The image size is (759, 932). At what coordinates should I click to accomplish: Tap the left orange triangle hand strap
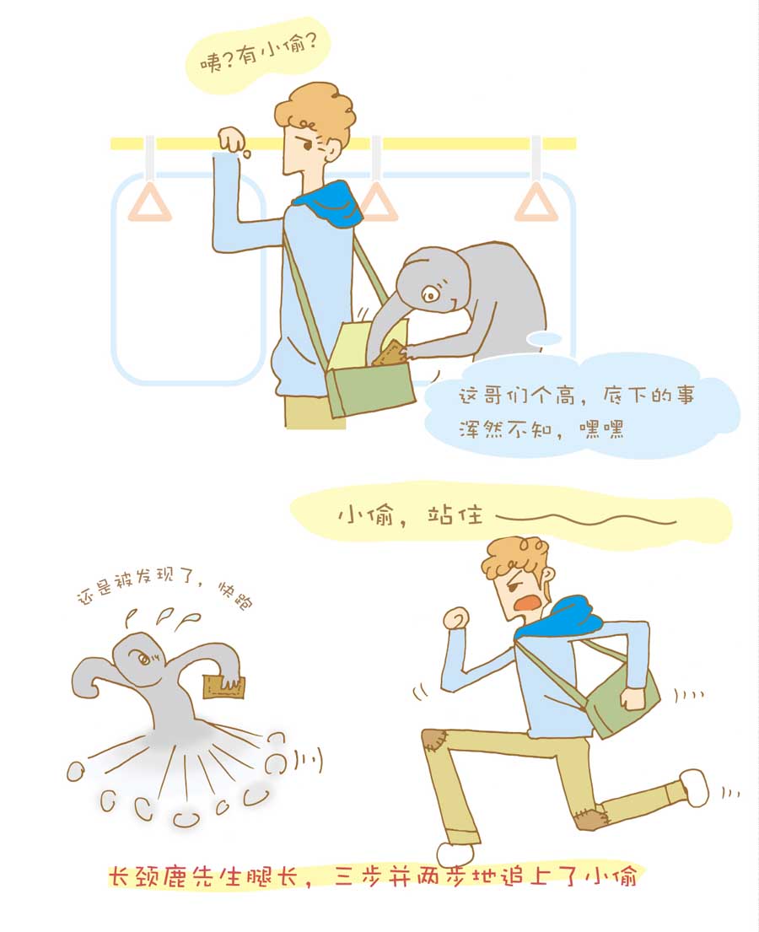pos(150,204)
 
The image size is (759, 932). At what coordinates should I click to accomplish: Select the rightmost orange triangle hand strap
pos(536,204)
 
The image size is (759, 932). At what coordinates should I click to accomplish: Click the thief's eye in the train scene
pos(430,294)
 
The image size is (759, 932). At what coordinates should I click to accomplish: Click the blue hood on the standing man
pos(329,204)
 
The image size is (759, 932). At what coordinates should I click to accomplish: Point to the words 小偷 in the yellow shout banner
pos(365,514)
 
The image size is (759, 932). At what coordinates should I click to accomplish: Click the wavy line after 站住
pos(586,520)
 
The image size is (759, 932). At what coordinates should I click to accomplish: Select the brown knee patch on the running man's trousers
pos(434,741)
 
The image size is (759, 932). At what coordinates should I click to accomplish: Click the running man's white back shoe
pos(694,787)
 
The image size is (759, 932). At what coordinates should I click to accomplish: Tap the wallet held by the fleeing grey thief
pos(223,687)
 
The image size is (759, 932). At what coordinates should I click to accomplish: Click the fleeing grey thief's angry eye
pos(144,659)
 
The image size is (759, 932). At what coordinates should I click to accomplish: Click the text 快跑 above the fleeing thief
pos(234,595)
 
